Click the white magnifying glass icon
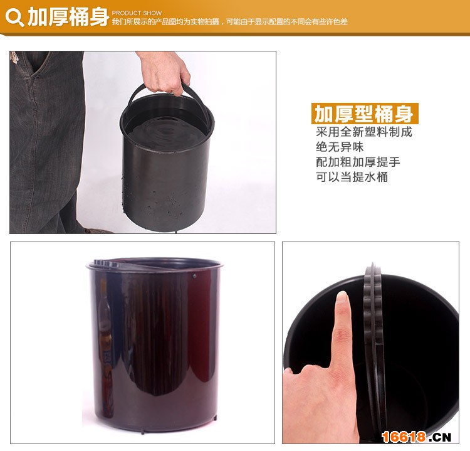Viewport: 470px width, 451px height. (14, 18)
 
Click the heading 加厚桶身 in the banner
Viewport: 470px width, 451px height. (68, 17)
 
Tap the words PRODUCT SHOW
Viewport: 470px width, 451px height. (137, 13)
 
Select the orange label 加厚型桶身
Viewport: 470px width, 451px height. (365, 114)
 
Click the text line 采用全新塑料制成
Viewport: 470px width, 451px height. (364, 132)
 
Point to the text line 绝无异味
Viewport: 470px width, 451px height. (340, 147)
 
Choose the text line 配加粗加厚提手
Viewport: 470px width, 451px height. (358, 162)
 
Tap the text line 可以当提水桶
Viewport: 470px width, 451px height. (352, 177)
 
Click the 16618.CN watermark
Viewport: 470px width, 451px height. (417, 437)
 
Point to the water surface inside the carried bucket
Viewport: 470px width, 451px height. (166, 132)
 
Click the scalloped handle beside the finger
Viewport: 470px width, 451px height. (373, 345)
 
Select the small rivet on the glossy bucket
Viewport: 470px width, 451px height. (194, 275)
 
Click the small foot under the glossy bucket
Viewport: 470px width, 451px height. (142, 432)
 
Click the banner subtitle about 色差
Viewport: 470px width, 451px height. (229, 21)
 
